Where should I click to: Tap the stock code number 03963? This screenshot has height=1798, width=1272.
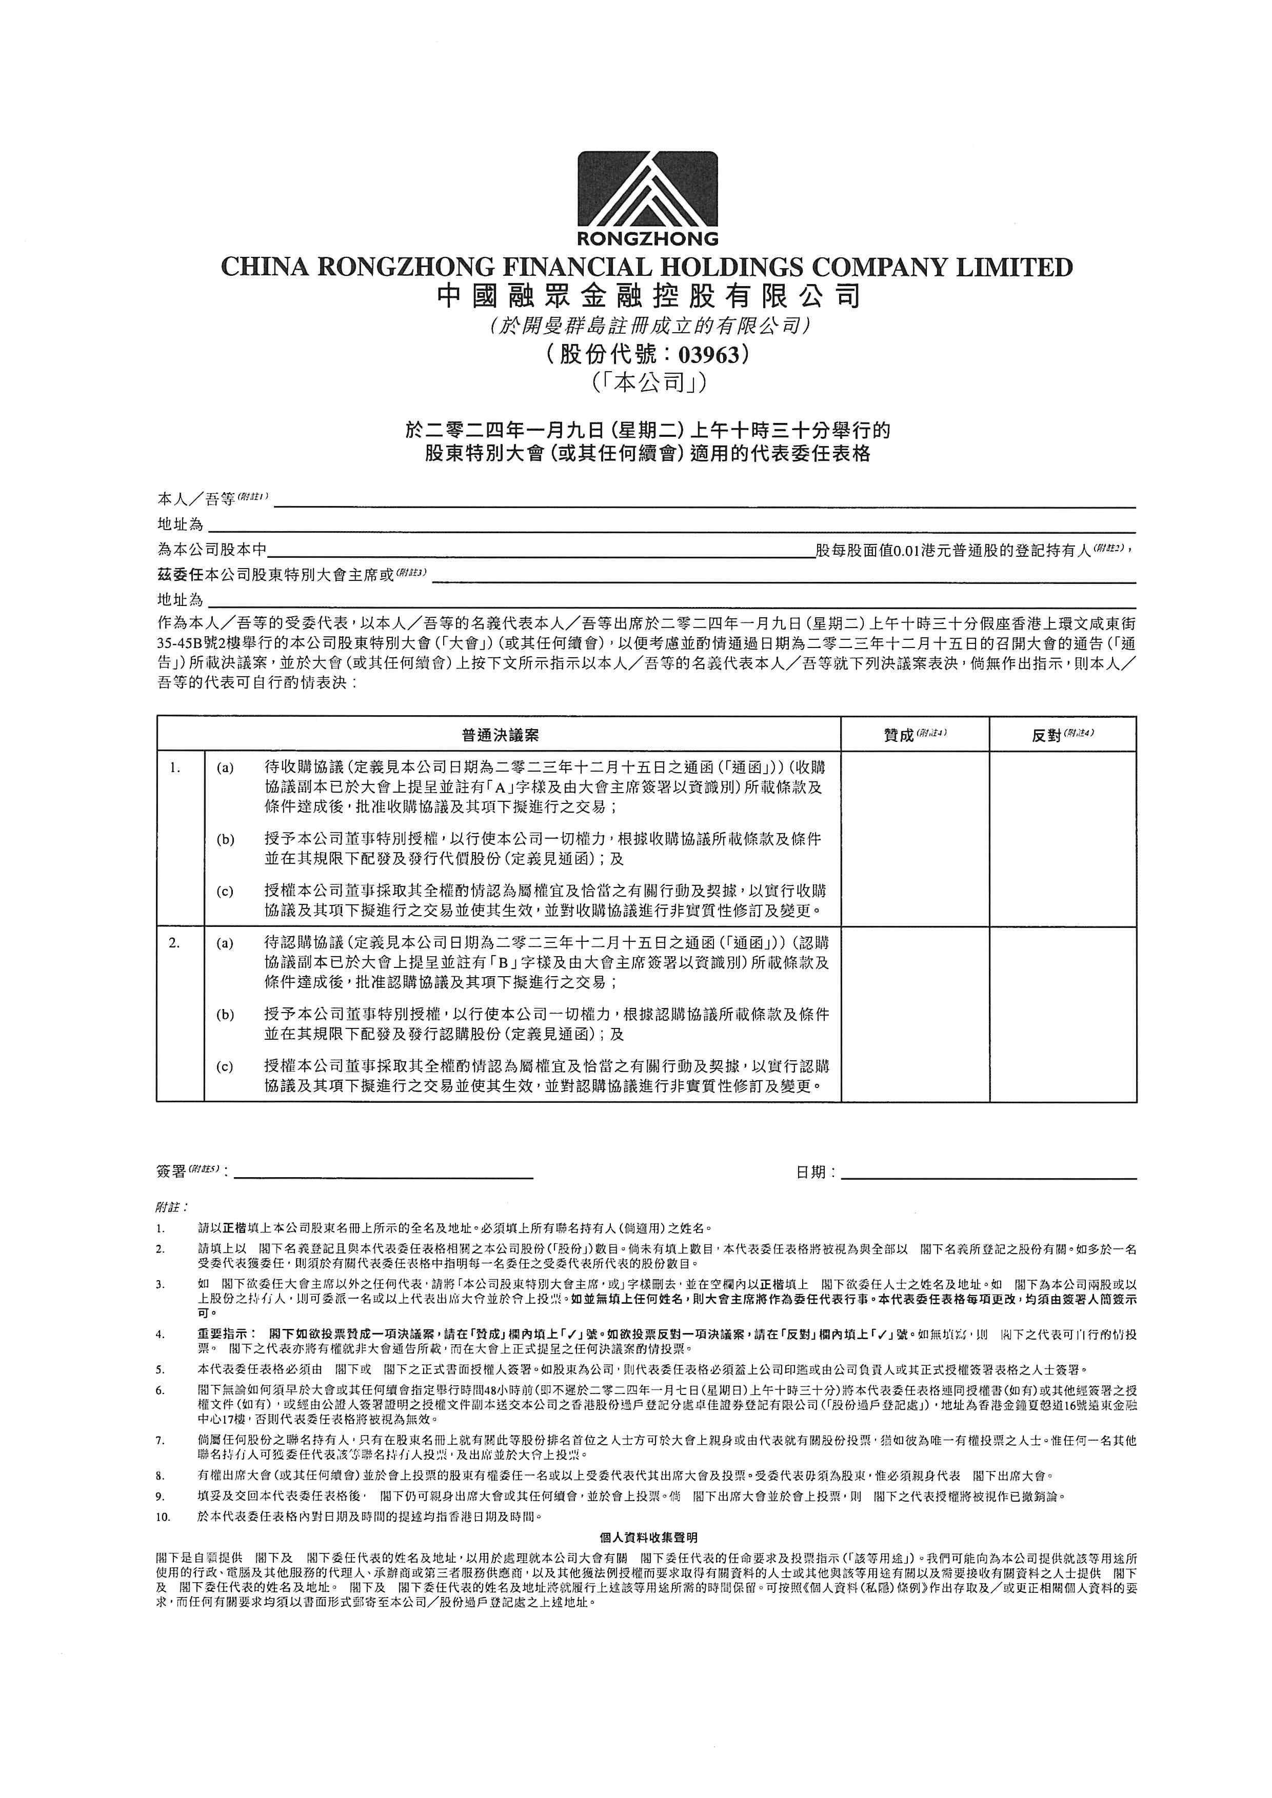[x=709, y=355]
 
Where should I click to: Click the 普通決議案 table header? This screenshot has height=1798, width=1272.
[x=499, y=735]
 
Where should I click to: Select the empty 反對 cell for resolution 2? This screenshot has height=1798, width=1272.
[x=1062, y=1014]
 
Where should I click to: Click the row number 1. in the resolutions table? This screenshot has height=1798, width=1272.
[x=175, y=768]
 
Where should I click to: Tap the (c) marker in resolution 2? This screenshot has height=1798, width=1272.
[x=226, y=1066]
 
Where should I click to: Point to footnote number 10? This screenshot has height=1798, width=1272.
[x=163, y=1517]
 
